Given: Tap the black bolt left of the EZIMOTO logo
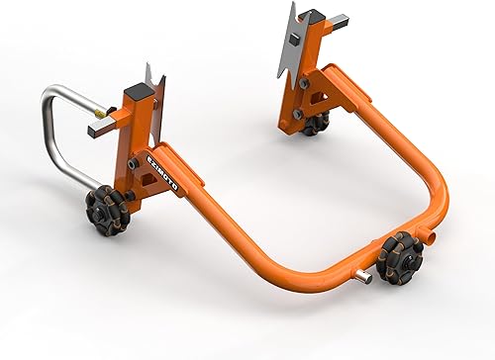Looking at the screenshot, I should [131, 162].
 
